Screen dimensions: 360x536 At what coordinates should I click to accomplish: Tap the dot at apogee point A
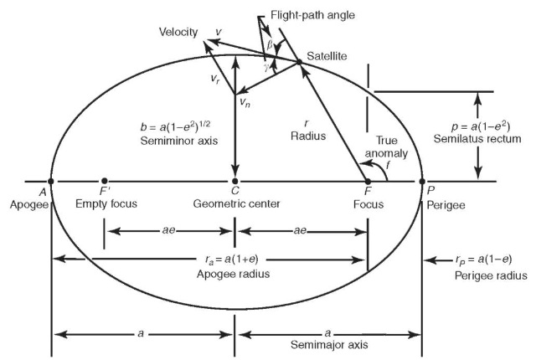[x=52, y=181]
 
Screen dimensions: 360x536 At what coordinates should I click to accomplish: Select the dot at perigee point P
[x=423, y=181]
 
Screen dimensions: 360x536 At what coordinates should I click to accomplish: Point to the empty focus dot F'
[x=104, y=181]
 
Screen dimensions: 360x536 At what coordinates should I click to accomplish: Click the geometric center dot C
[x=235, y=181]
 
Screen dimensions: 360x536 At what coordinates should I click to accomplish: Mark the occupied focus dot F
[x=367, y=181]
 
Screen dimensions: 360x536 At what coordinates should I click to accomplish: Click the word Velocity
[x=178, y=32]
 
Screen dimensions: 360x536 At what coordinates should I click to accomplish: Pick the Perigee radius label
[x=490, y=275]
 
